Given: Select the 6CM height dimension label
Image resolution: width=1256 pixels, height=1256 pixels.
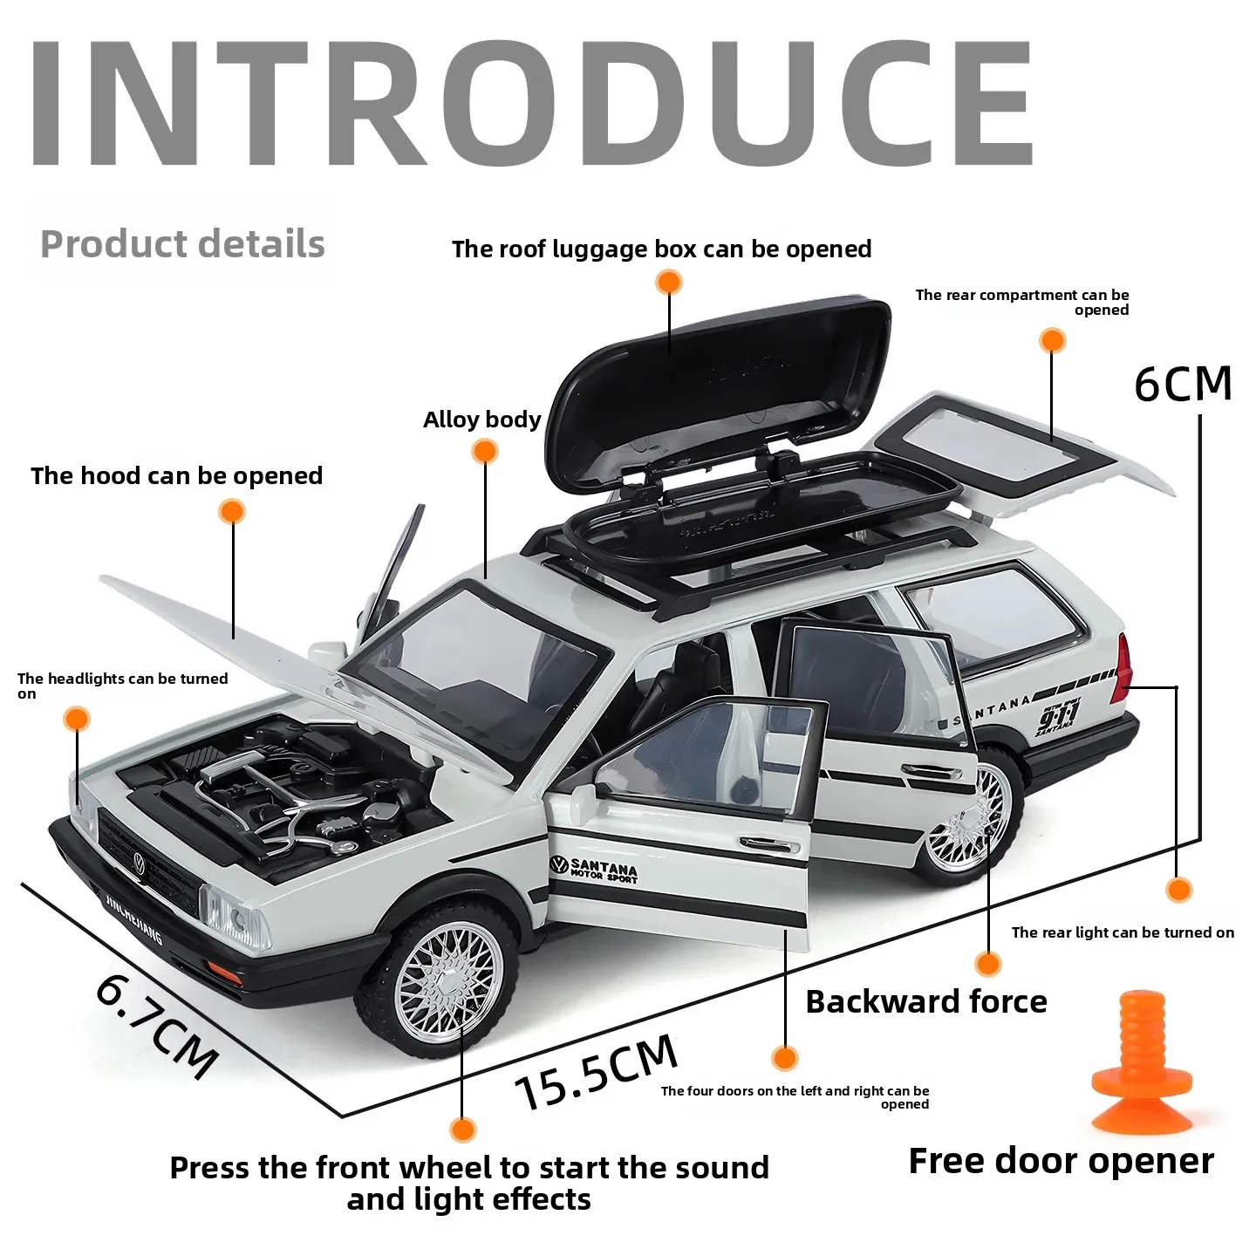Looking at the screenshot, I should pyautogui.click(x=1183, y=385).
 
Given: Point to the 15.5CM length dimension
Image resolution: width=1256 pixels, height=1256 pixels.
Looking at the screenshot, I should pyautogui.click(x=597, y=1072).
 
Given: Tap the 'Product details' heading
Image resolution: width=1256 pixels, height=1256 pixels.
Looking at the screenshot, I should pyautogui.click(x=182, y=244).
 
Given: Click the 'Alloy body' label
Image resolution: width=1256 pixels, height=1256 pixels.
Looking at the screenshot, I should pyautogui.click(x=481, y=420).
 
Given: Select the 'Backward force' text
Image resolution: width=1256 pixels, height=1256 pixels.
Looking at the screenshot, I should pyautogui.click(x=925, y=1001).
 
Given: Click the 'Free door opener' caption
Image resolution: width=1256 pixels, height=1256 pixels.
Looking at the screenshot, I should pyautogui.click(x=1061, y=1161).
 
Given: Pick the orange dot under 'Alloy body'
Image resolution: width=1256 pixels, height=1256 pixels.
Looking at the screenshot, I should pyautogui.click(x=484, y=451).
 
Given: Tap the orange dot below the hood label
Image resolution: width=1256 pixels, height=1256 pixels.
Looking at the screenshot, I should pyautogui.click(x=232, y=511).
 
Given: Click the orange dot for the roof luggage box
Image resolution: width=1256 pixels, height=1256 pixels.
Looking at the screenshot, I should pyautogui.click(x=669, y=282).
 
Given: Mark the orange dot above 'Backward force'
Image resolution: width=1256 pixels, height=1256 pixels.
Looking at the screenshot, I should pyautogui.click(x=987, y=964).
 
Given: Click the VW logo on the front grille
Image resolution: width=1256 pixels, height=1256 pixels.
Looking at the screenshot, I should pyautogui.click(x=139, y=863).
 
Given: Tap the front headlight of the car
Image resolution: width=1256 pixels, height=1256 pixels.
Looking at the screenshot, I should pyautogui.click(x=232, y=916).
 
